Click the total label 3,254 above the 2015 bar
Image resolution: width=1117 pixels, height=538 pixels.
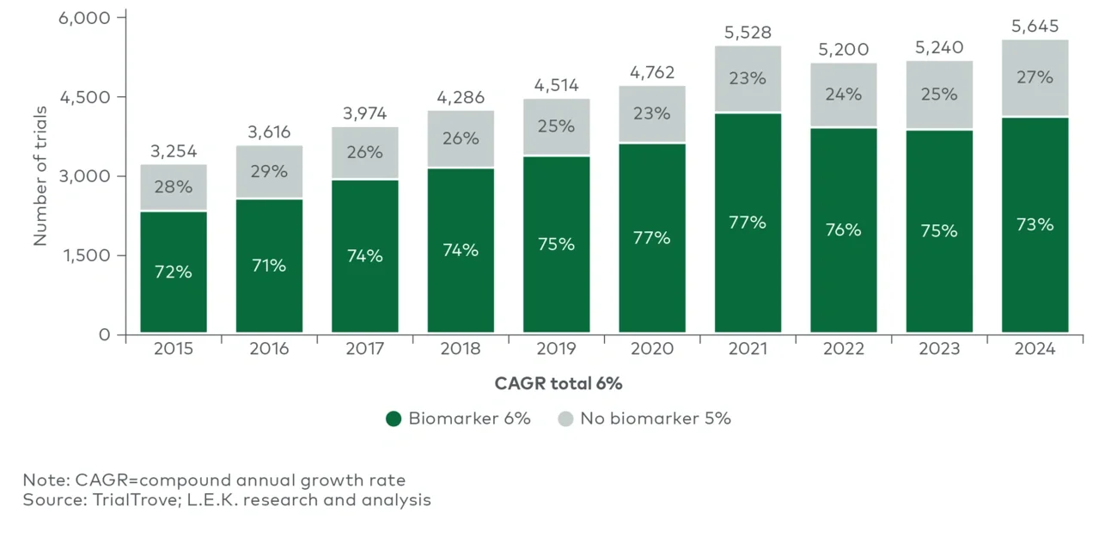[174, 150]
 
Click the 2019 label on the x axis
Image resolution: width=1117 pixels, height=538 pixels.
[556, 350]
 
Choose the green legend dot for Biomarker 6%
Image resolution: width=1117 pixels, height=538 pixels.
[394, 419]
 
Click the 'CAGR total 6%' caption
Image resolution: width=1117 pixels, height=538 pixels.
[558, 383]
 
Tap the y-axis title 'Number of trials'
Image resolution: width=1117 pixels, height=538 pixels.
[40, 176]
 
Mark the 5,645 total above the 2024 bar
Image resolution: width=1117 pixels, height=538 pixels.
[1035, 27]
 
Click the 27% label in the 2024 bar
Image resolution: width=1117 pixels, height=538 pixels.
[1035, 77]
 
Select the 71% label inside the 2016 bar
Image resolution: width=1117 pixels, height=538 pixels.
[269, 266]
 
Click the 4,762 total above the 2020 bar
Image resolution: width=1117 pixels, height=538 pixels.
[652, 72]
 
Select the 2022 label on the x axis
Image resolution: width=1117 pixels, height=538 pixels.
[844, 350]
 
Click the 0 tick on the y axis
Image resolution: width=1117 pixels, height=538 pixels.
[105, 334]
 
